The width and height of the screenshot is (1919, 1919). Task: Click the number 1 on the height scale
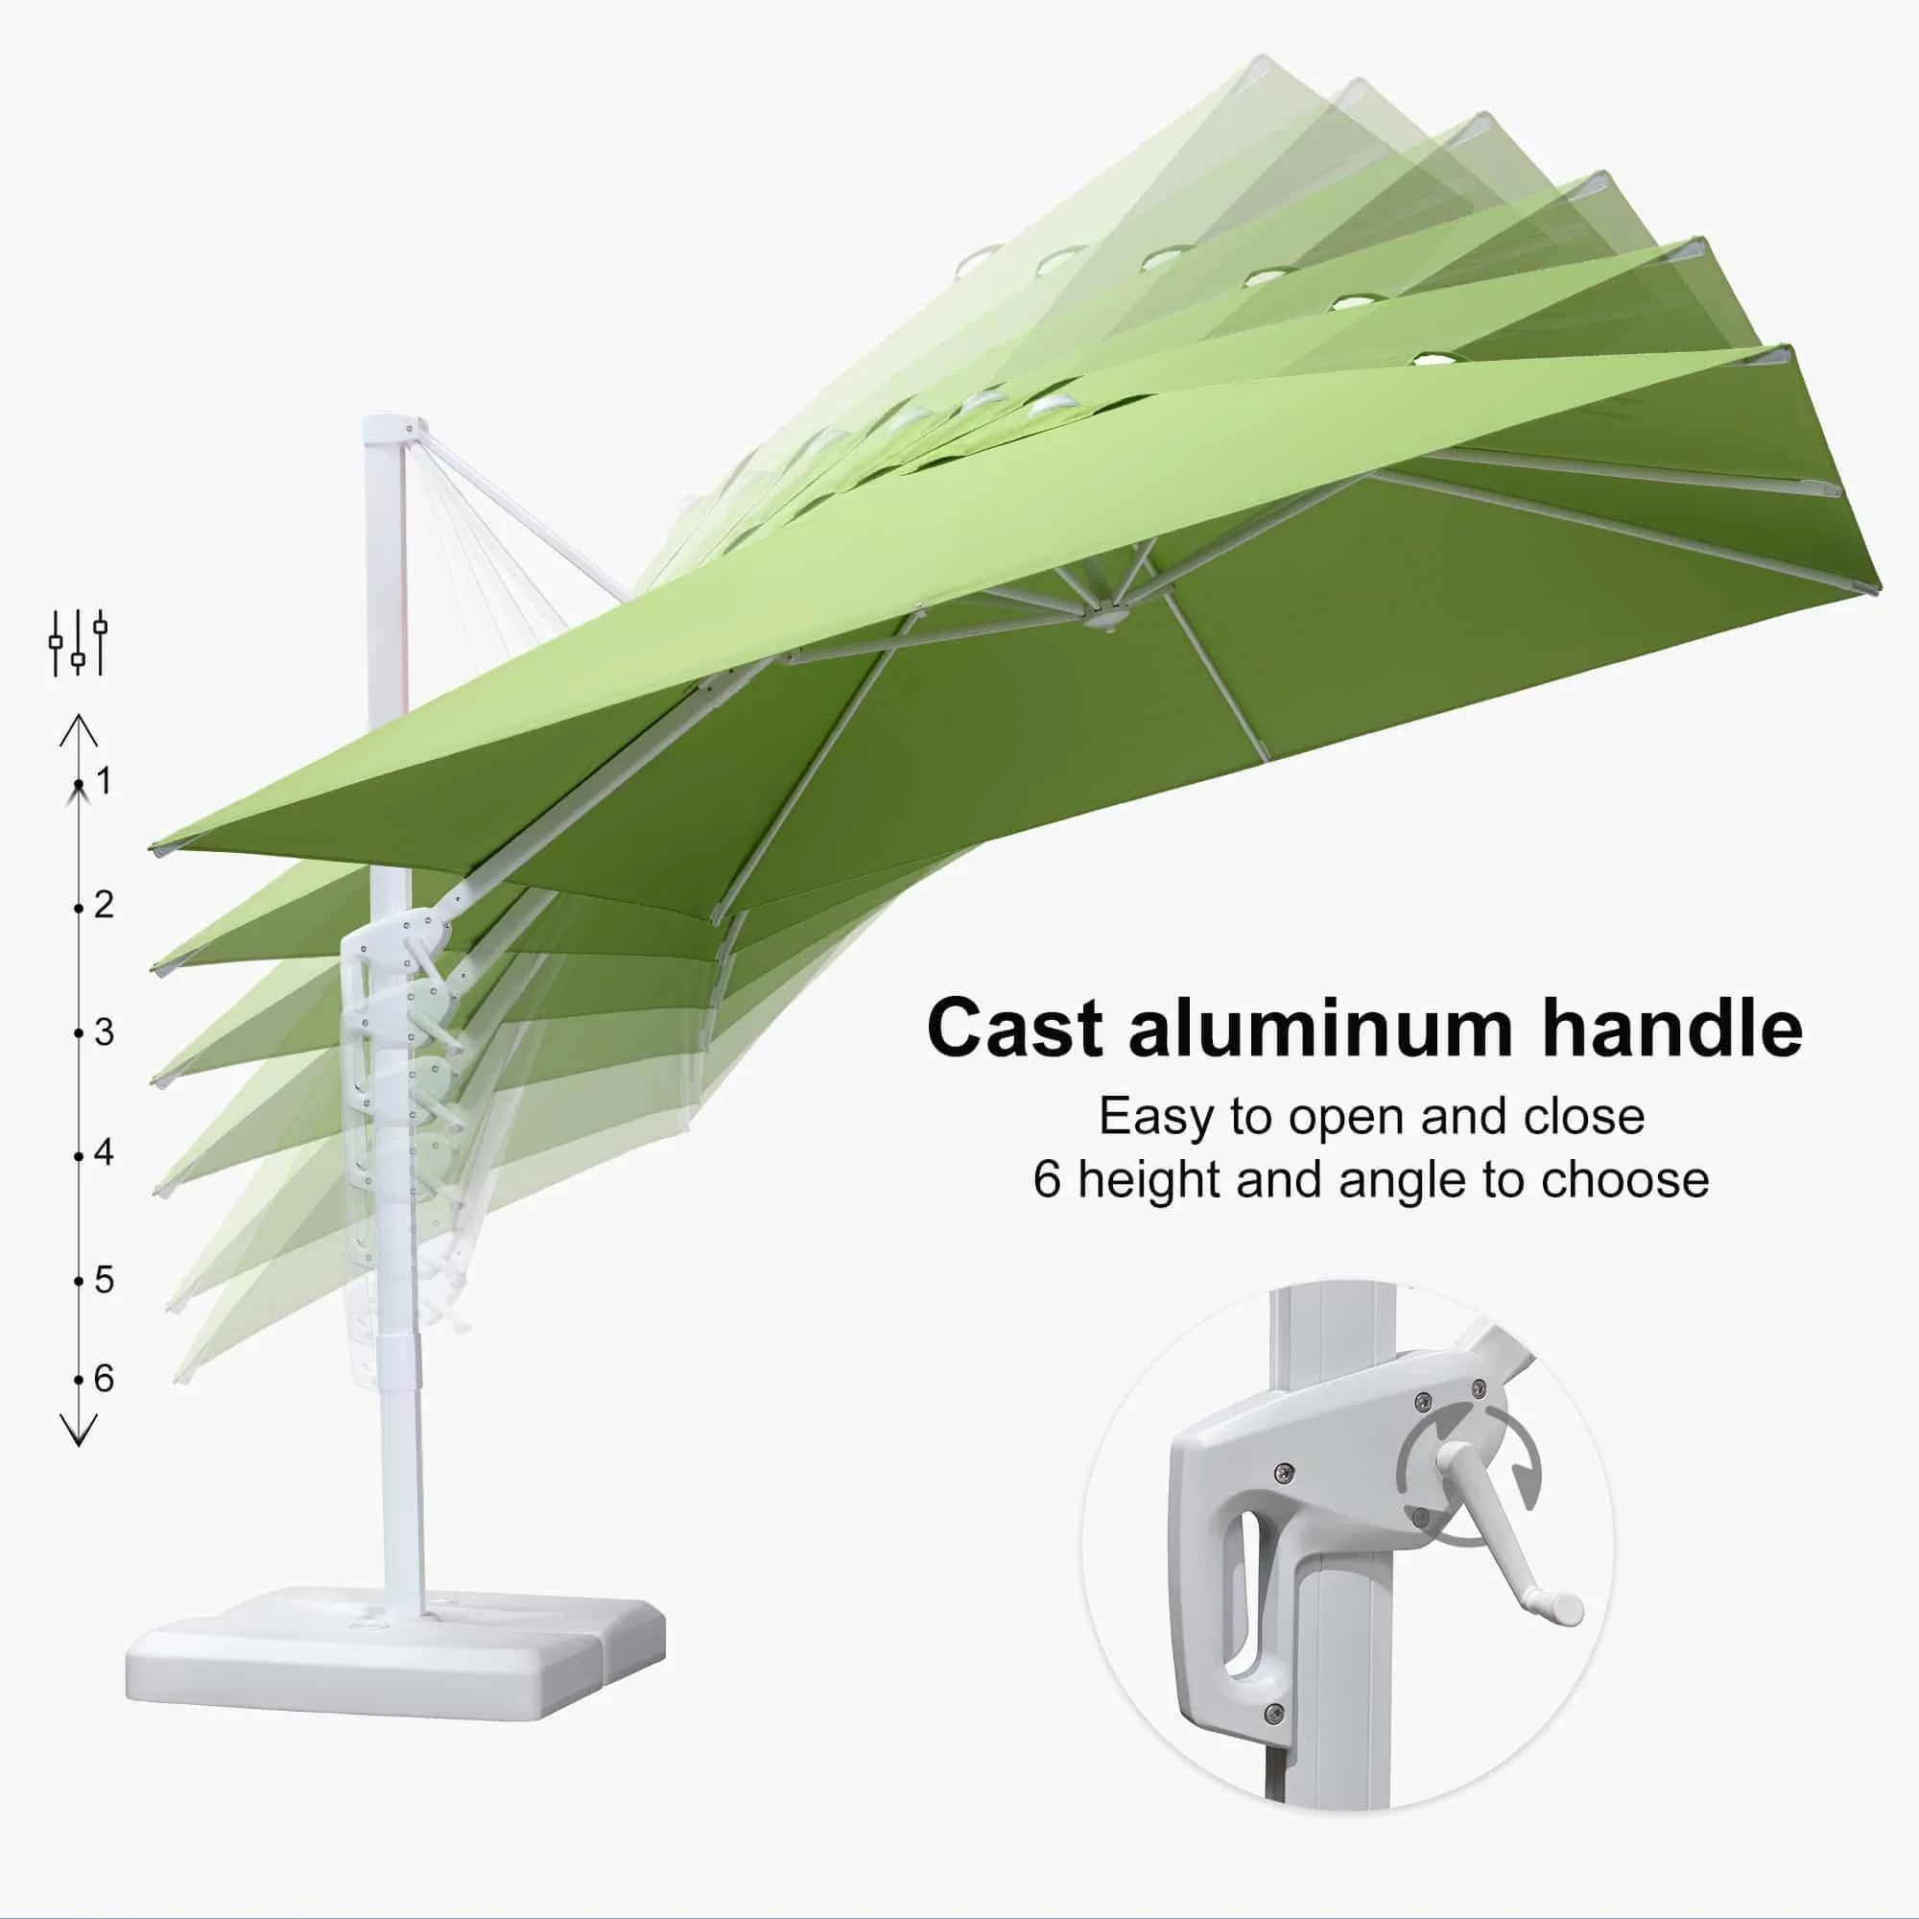pyautogui.click(x=105, y=781)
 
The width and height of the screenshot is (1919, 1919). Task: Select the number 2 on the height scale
pyautogui.click(x=105, y=905)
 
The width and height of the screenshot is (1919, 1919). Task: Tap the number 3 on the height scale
pyautogui.click(x=105, y=1033)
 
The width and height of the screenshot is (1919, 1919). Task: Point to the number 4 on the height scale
pyautogui.click(x=105, y=1153)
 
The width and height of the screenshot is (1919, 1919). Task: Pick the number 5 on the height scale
pyautogui.click(x=105, y=1280)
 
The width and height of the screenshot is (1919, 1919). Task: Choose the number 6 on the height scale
pyautogui.click(x=105, y=1379)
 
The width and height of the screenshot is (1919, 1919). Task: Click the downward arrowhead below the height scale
pyautogui.click(x=79, y=1430)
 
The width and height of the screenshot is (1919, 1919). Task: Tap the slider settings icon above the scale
pyautogui.click(x=79, y=643)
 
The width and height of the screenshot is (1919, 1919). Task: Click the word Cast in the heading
pyautogui.click(x=1014, y=1029)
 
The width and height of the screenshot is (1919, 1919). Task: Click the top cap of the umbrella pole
pyautogui.click(x=384, y=429)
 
